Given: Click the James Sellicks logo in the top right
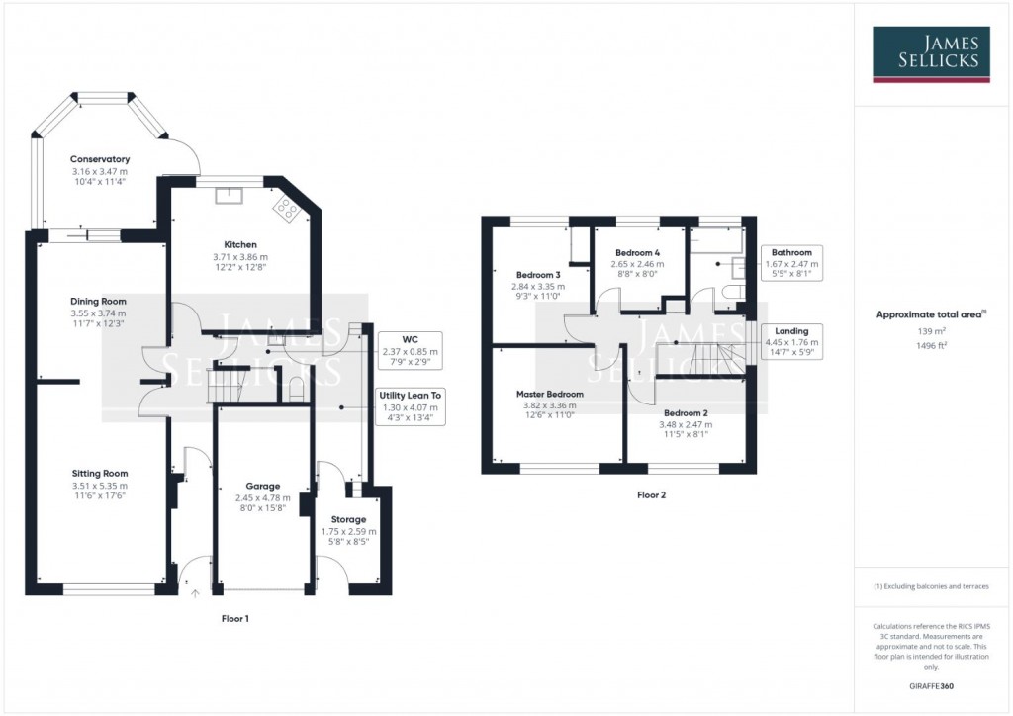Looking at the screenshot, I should [x=932, y=53].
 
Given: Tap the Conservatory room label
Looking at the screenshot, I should [x=100, y=159].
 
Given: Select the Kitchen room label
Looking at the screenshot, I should [x=240, y=244].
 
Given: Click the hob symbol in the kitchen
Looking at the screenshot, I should [x=288, y=207].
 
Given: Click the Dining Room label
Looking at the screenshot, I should [x=98, y=302].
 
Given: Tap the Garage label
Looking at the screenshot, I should [x=263, y=486].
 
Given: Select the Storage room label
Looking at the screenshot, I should [x=348, y=519].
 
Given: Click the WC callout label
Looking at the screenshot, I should [x=410, y=338].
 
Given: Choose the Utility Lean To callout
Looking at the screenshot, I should [x=410, y=395].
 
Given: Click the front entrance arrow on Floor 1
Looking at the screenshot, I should [x=194, y=593].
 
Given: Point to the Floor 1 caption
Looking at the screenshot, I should [x=234, y=618].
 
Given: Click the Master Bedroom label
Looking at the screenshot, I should [x=550, y=394].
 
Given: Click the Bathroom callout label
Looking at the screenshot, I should [x=792, y=252].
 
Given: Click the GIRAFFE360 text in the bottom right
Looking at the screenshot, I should [x=931, y=685].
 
